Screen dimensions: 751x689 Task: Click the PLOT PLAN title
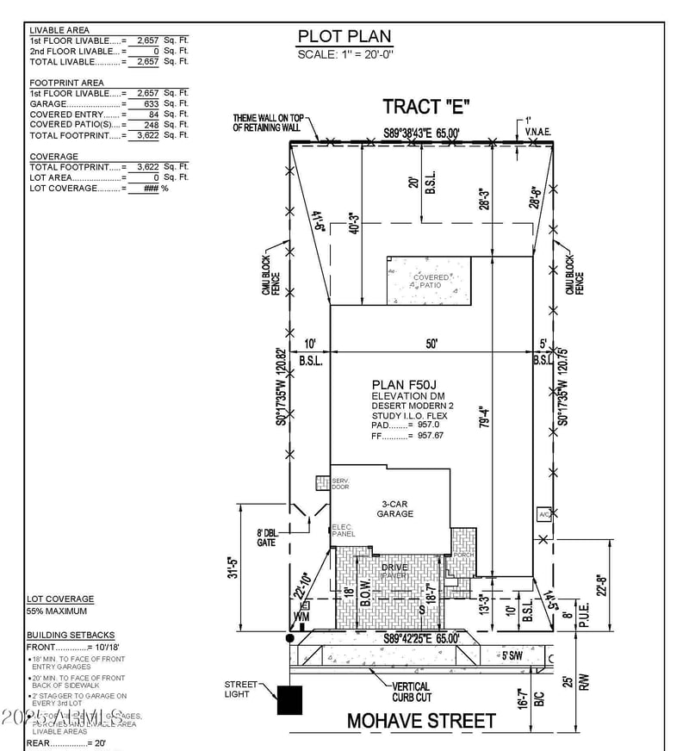344,36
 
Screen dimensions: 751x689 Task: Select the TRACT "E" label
426,107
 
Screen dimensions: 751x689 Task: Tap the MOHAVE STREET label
421,720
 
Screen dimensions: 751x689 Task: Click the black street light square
290,699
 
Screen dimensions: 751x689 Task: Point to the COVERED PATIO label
431,282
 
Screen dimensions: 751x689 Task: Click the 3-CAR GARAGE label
395,508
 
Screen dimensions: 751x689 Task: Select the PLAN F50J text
400,384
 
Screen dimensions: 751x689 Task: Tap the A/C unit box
544,514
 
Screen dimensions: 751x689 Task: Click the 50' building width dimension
431,344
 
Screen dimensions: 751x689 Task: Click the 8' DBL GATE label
266,538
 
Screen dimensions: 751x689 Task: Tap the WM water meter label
301,617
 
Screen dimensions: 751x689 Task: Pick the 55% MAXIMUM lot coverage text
57,611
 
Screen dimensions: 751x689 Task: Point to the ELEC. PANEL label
343,531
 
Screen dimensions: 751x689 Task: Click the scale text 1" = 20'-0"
344,54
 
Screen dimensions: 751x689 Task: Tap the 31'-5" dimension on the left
244,570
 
